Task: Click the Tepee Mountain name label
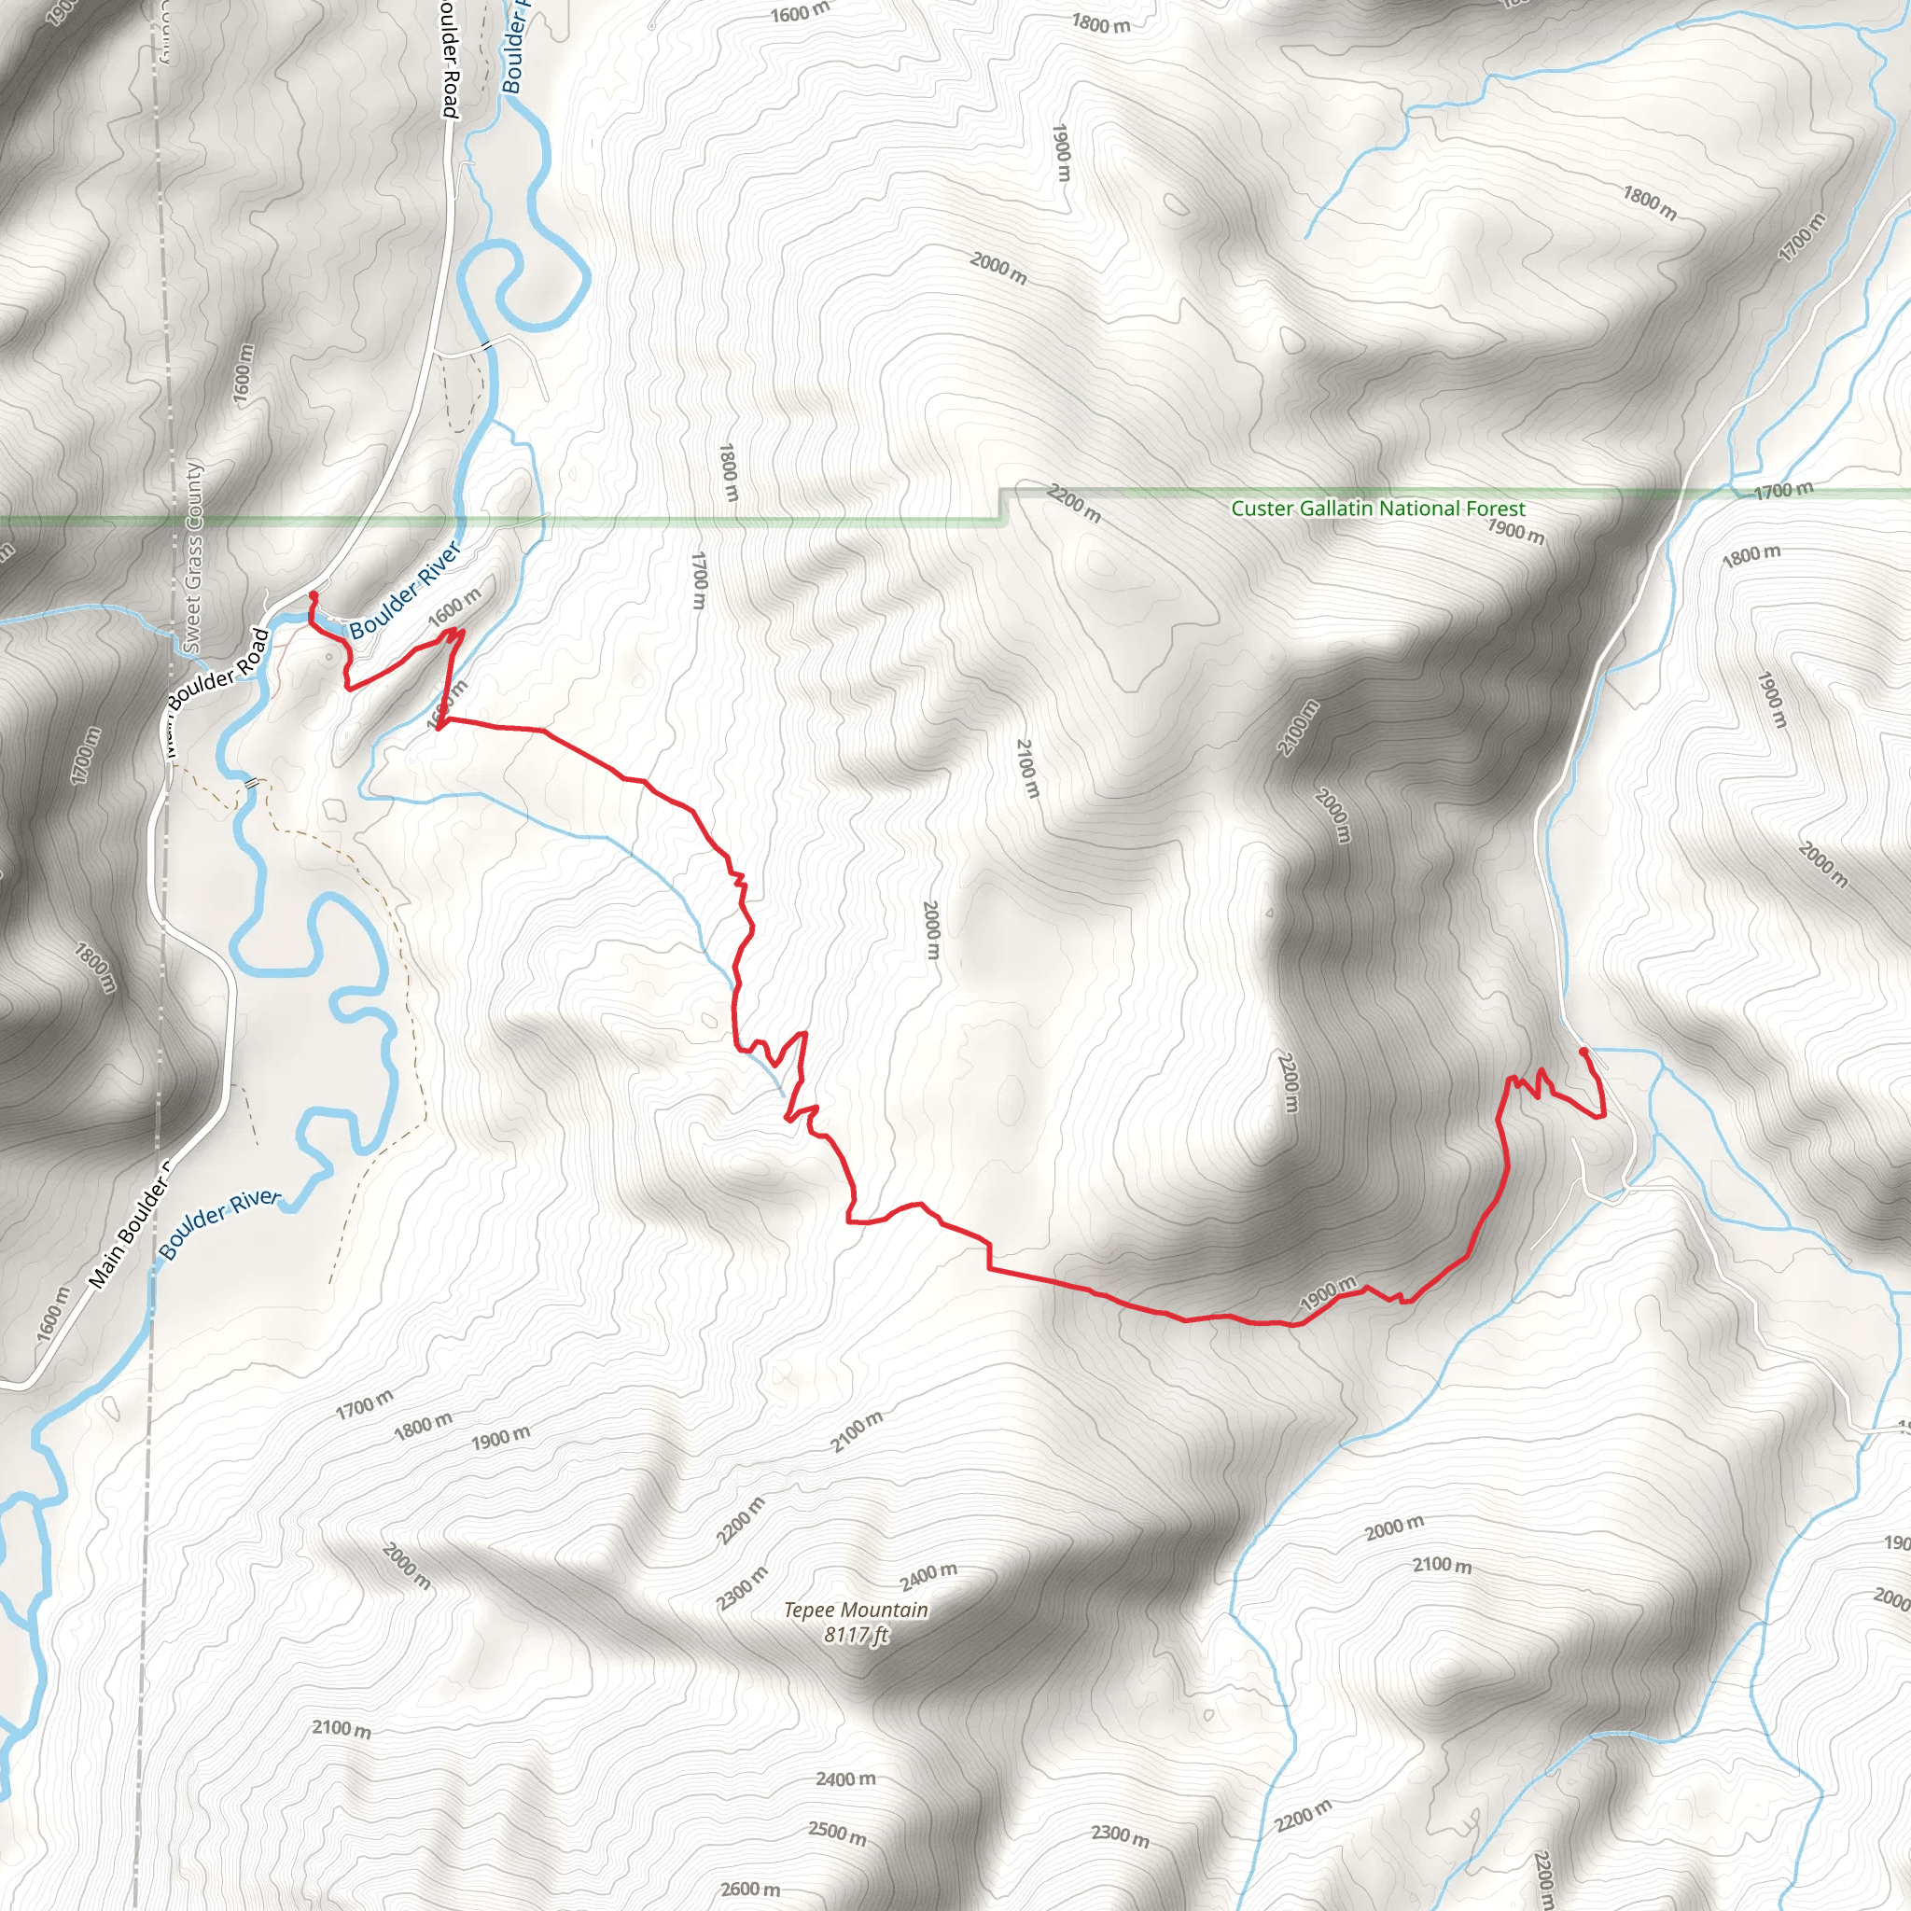point(856,1611)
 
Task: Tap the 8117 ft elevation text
point(856,1635)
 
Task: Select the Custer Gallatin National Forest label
point(1378,509)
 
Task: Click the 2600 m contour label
point(751,1890)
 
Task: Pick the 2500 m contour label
point(837,1832)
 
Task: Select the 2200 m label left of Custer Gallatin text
point(1073,505)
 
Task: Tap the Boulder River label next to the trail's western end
point(405,590)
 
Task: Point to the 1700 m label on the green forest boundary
point(1783,490)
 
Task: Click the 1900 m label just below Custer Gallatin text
point(1515,531)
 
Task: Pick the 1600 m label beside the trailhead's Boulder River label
point(454,607)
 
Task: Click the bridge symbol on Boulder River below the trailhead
point(251,781)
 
